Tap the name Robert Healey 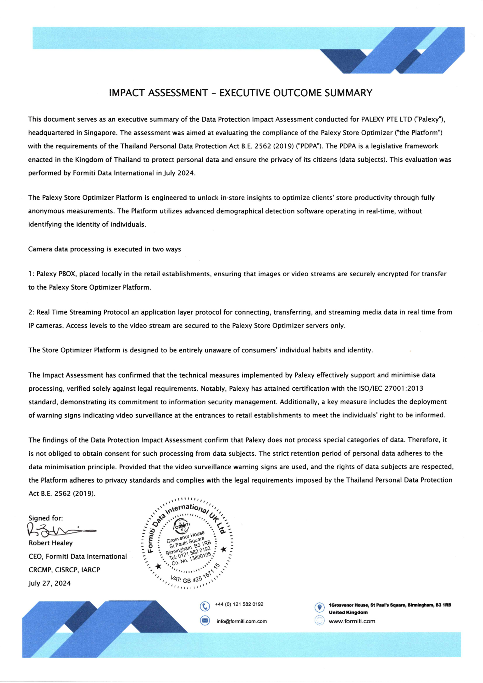[51, 543]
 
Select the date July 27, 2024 [50, 583]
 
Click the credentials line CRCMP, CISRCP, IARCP [64, 570]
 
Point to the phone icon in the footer [205, 606]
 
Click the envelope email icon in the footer [205, 621]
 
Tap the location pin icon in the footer [319, 607]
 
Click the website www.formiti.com [352, 621]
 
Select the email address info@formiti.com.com [242, 621]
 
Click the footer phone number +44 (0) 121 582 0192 [239, 604]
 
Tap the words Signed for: [45, 518]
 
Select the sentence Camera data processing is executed [105, 249]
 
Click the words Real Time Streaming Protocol [83, 312]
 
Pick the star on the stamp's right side [223, 549]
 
